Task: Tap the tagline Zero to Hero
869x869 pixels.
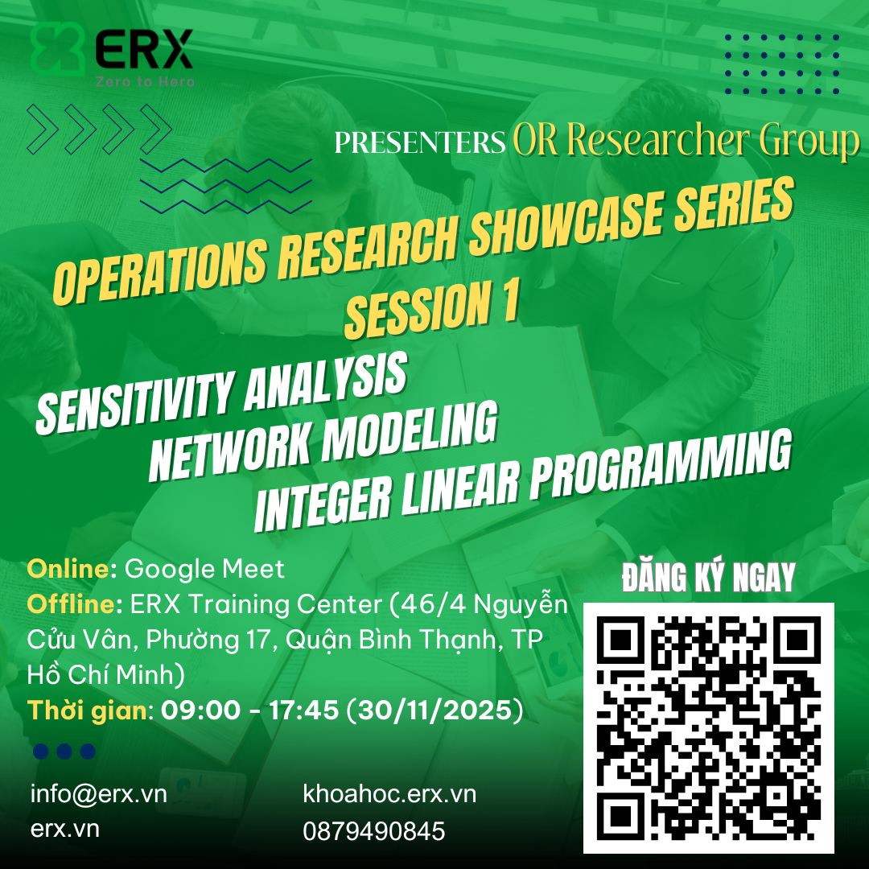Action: [x=145, y=81]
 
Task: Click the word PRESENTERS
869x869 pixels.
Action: [x=419, y=142]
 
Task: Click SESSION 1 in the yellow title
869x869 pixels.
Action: [x=430, y=310]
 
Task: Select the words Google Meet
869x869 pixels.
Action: [x=205, y=569]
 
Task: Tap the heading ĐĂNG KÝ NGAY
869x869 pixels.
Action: [x=708, y=577]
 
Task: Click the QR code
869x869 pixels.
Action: [x=708, y=727]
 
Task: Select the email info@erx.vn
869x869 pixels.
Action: [x=99, y=794]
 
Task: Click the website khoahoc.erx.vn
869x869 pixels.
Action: [x=389, y=794]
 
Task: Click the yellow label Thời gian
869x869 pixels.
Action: [x=88, y=711]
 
